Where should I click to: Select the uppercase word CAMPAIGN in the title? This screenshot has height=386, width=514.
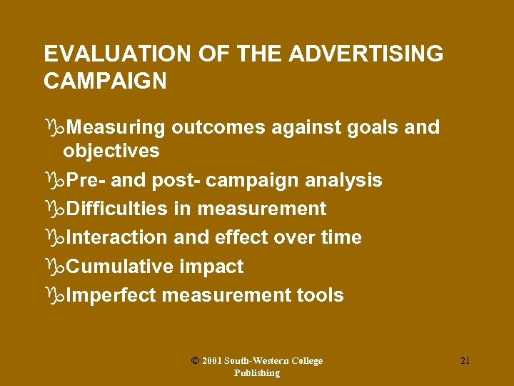click(105, 81)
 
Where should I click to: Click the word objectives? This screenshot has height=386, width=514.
click(111, 151)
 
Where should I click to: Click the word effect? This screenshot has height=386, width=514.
click(234, 237)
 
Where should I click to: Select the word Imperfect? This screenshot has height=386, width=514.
click(111, 295)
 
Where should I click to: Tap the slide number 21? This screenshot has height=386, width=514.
click(465, 361)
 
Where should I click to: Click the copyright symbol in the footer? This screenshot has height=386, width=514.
click(195, 361)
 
